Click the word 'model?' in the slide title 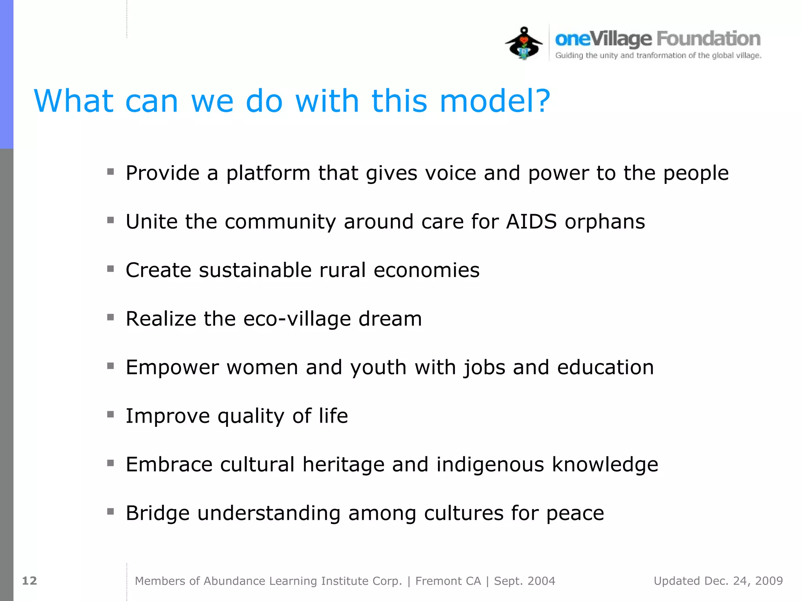tap(495, 101)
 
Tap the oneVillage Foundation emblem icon tap(524, 43)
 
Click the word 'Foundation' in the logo tap(708, 39)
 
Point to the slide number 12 tap(29, 581)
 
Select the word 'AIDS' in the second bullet tap(531, 221)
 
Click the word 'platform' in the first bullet tap(268, 173)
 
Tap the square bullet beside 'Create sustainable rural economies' tap(111, 269)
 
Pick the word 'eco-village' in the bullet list tap(297, 318)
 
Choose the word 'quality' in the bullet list tap(251, 416)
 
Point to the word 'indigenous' tap(490, 464)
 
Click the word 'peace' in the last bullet tap(575, 513)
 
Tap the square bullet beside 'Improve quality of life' tap(111, 414)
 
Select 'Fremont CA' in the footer tap(448, 581)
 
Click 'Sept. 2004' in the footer tap(524, 581)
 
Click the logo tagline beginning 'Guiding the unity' tap(658, 56)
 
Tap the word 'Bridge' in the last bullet tap(158, 513)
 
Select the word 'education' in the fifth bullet tap(605, 367)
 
